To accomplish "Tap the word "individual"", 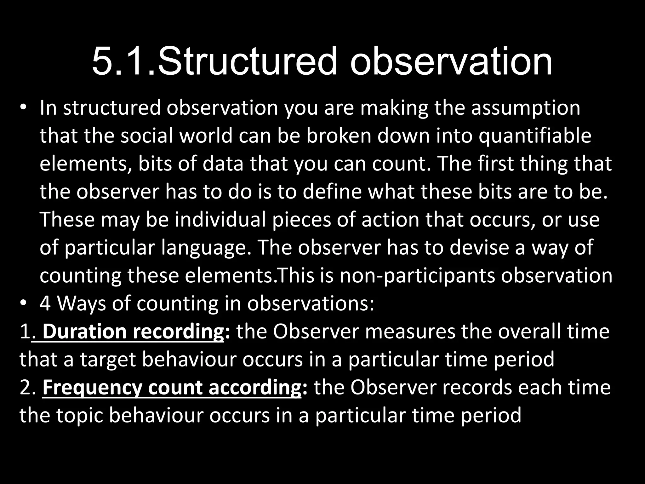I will pos(220,219).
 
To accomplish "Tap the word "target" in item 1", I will pos(107,360).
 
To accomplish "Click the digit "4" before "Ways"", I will pos(45,303).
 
